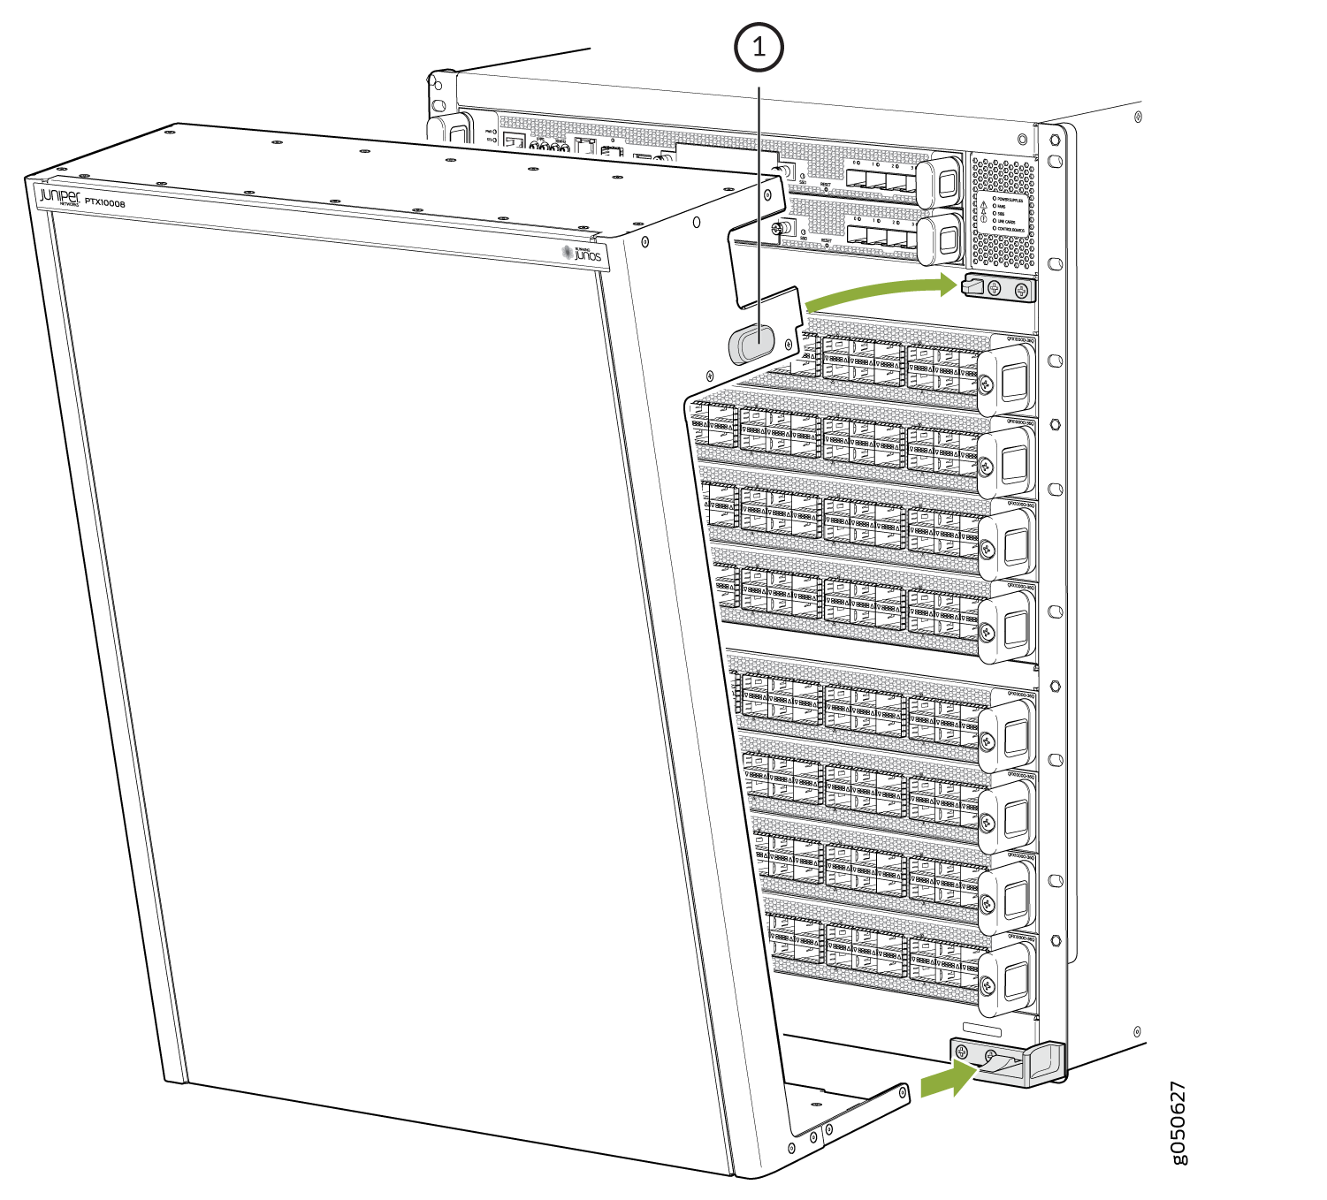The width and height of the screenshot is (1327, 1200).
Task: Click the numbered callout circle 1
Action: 759,48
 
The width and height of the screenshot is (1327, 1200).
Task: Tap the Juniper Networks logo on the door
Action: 59,197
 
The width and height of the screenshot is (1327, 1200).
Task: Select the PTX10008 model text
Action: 105,203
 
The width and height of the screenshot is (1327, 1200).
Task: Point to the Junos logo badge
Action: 583,254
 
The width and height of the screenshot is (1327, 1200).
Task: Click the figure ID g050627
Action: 1178,1122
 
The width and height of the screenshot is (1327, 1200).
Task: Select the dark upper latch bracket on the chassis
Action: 998,288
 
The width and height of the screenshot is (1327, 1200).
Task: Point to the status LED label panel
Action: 1003,212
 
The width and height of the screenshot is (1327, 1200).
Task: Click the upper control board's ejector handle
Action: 942,183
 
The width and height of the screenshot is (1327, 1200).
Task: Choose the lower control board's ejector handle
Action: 943,239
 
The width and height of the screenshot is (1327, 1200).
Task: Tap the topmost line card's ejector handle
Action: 1011,378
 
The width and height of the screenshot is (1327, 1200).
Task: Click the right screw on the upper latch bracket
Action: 1022,291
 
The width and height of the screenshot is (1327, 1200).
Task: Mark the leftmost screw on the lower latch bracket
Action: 962,1052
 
